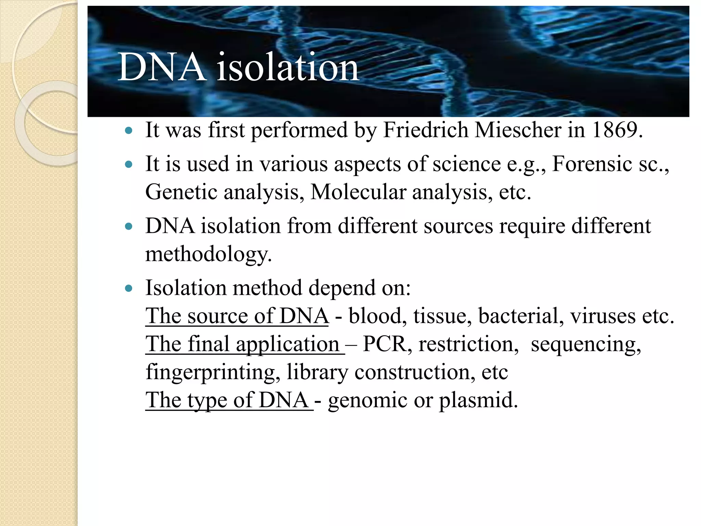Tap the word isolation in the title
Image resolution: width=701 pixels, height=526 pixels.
(x=288, y=67)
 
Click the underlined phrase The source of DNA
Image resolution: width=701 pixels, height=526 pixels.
(x=237, y=316)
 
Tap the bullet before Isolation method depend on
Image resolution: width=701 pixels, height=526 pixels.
(x=129, y=289)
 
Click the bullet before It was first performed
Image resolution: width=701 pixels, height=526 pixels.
(x=129, y=130)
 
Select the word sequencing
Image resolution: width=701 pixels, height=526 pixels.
(x=586, y=345)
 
